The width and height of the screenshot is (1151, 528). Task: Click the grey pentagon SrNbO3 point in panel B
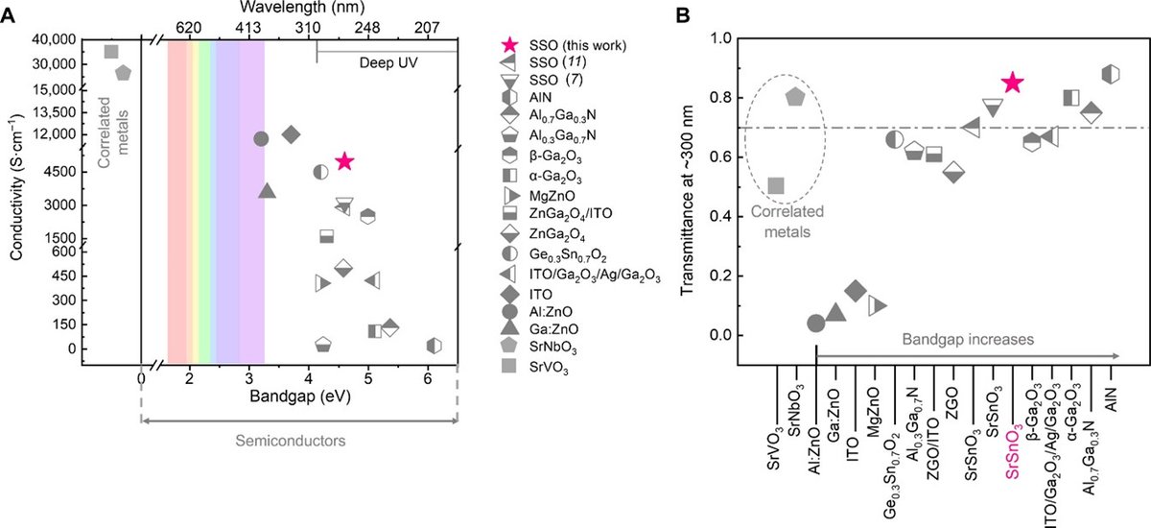(795, 96)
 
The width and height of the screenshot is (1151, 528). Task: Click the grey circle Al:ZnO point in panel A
(260, 138)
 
